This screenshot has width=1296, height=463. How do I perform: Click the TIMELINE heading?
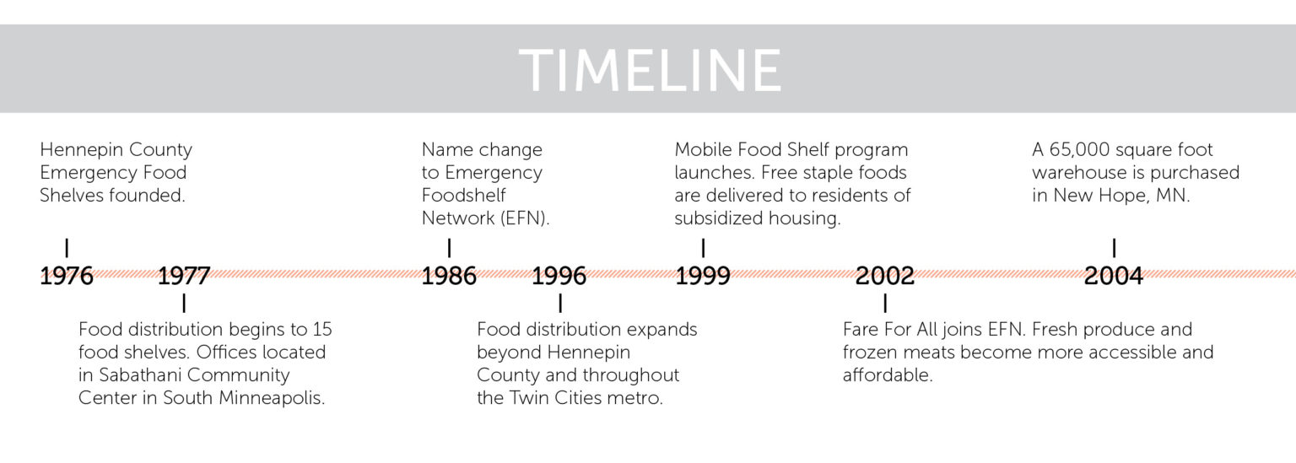[x=649, y=70]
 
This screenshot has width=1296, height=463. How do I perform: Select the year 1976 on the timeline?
[x=67, y=276]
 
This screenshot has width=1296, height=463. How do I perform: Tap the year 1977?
[x=183, y=276]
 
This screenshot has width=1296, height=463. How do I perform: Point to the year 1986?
[x=449, y=276]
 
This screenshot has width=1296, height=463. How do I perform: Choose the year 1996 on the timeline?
[x=559, y=276]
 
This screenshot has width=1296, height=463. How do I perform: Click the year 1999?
[x=703, y=276]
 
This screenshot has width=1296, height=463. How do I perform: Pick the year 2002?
[x=884, y=276]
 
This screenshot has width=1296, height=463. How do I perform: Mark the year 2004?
[x=1114, y=276]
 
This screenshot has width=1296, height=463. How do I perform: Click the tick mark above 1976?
[x=67, y=248]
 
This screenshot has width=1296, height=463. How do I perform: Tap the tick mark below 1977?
[x=183, y=303]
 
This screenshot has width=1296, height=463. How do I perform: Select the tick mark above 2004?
[x=1114, y=248]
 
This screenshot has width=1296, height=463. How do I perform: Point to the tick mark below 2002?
[x=884, y=303]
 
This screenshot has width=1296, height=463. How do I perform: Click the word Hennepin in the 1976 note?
[x=79, y=150]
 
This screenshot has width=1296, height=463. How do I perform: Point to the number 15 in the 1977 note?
[x=321, y=329]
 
